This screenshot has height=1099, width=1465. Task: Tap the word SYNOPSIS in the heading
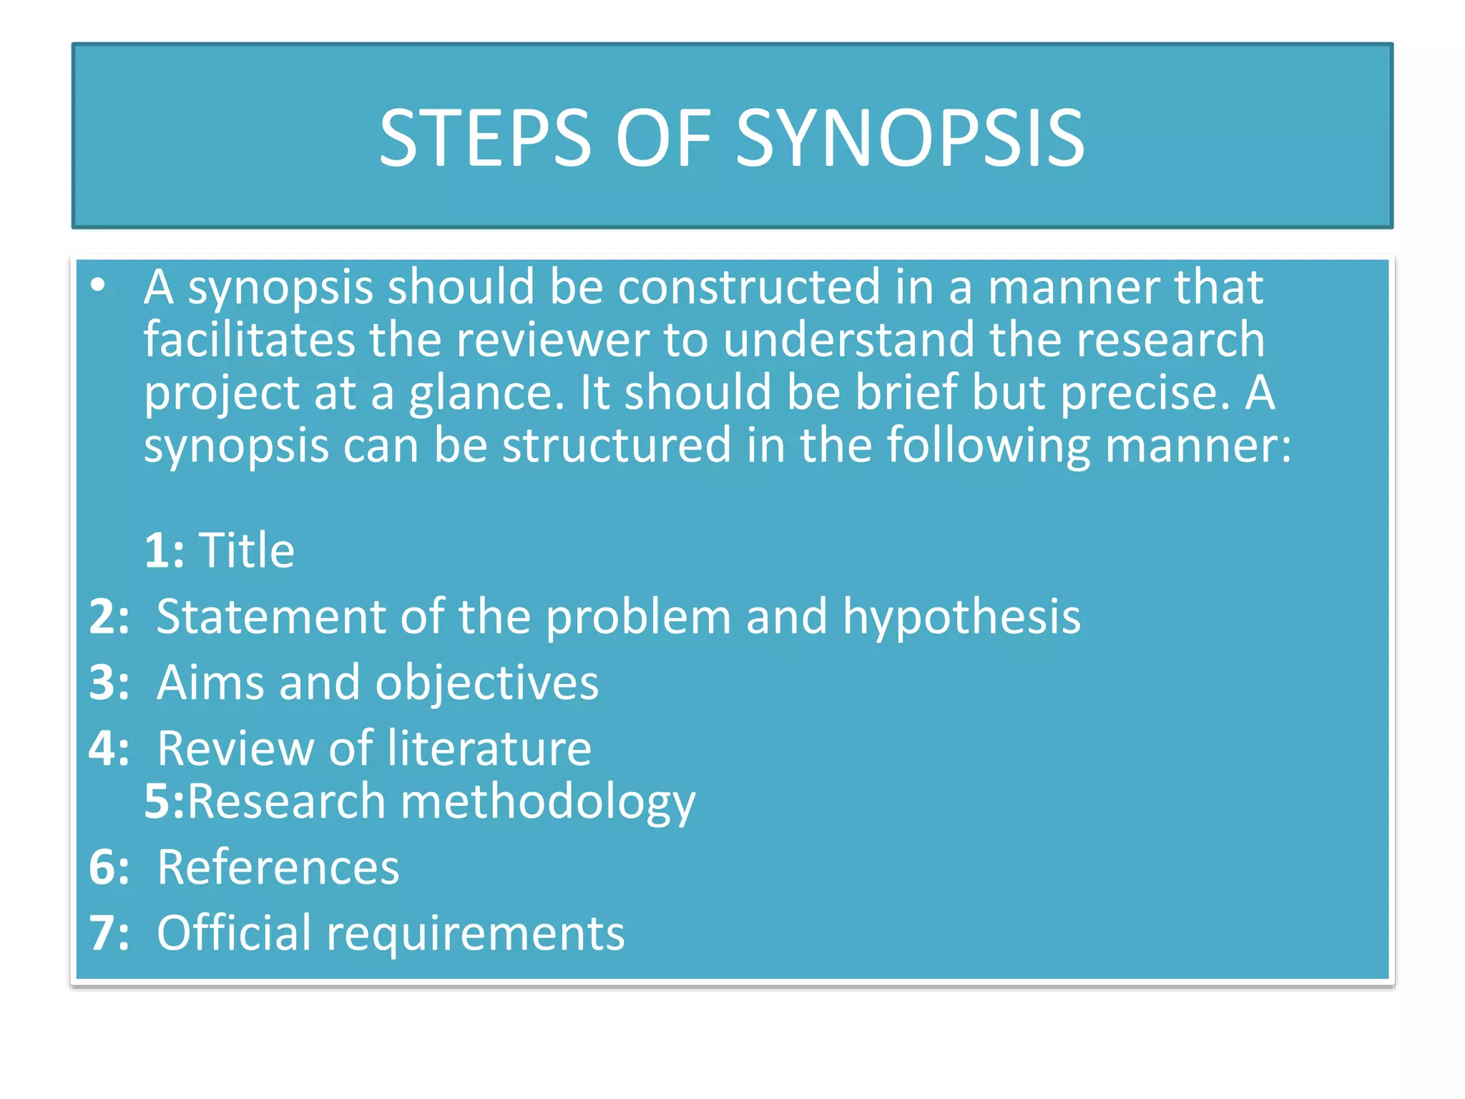(x=910, y=138)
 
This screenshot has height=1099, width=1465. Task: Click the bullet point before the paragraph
(x=99, y=285)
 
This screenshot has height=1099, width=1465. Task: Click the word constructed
(x=749, y=287)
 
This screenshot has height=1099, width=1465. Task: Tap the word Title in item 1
(x=247, y=550)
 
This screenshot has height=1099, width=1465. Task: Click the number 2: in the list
(x=109, y=617)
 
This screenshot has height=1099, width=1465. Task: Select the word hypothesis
(x=961, y=617)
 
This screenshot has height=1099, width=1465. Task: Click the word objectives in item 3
(x=487, y=683)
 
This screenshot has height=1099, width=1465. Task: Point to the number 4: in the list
(x=109, y=748)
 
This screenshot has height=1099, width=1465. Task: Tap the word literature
(x=489, y=748)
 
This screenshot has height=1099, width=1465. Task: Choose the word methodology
(x=548, y=802)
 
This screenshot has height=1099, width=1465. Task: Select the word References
(x=278, y=867)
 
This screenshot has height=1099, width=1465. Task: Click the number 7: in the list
(x=109, y=933)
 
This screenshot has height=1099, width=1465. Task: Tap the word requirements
(x=476, y=934)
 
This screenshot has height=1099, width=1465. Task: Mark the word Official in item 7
(x=235, y=933)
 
